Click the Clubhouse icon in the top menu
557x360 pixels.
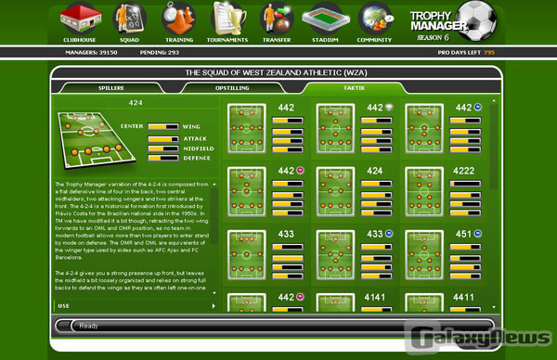79,20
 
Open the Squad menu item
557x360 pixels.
128,20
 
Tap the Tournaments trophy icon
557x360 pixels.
227,20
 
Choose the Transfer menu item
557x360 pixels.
276,20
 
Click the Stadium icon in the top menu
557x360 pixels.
326,20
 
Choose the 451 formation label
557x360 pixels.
460,234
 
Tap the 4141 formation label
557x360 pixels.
375,297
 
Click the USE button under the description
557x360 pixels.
64,305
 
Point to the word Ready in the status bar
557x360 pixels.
89,326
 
